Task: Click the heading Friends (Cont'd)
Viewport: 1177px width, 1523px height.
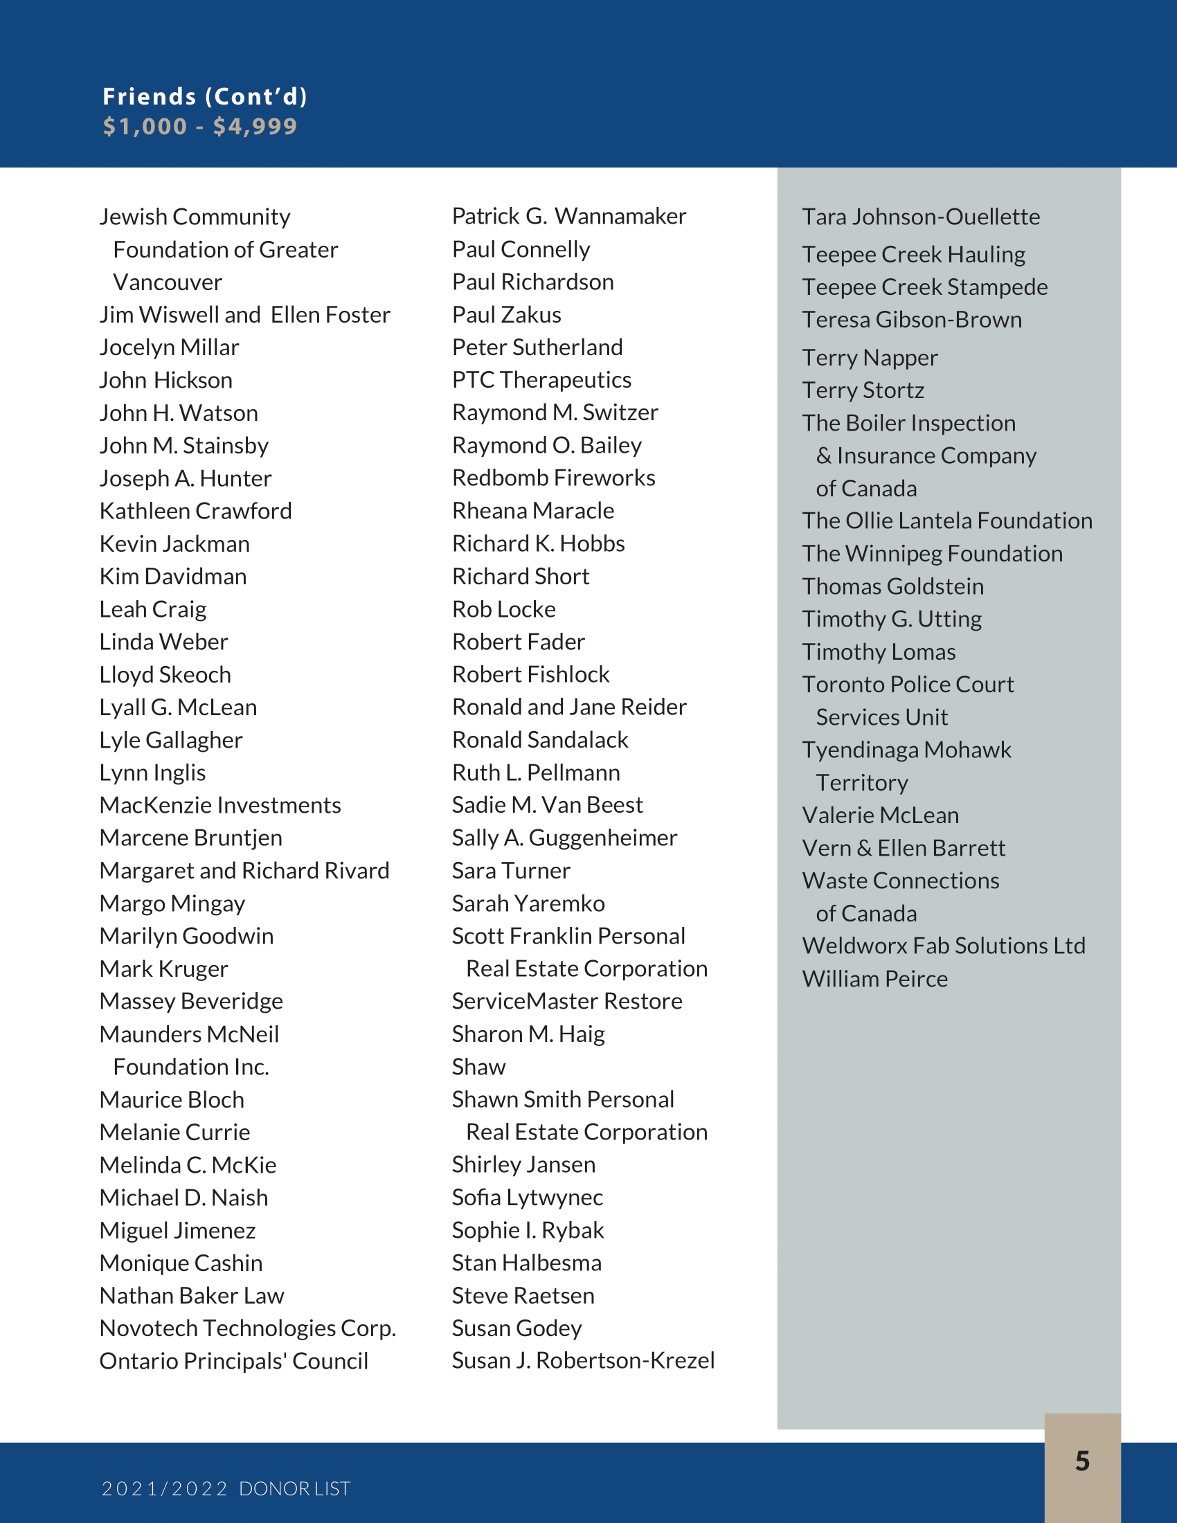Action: [205, 96]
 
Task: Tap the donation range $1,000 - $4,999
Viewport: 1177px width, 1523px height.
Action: [200, 126]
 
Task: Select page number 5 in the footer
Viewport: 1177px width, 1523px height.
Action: [1082, 1460]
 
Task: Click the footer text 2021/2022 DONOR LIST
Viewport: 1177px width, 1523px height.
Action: [226, 1488]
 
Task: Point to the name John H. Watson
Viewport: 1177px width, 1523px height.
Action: [179, 413]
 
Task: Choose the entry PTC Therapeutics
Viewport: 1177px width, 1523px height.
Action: [541, 380]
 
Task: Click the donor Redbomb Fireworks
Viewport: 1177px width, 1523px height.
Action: [554, 478]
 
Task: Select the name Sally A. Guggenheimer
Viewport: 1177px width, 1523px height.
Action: [564, 838]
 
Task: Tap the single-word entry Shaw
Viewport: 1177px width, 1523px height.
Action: [478, 1066]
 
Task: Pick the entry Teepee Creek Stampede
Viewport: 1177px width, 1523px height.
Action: [924, 287]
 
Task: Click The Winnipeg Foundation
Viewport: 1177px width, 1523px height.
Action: [933, 554]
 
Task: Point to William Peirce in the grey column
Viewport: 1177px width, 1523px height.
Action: [874, 979]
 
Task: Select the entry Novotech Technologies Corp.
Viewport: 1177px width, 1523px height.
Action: [248, 1328]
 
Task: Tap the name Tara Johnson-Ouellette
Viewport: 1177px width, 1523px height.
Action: [920, 217]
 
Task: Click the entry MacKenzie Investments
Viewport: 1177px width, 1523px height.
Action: [220, 805]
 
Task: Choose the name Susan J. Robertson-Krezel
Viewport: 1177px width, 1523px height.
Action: [583, 1360]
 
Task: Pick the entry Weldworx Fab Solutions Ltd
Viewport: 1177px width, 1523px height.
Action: [944, 946]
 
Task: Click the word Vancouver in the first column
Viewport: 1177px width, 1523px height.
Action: [168, 282]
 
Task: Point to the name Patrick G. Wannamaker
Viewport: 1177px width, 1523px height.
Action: [569, 216]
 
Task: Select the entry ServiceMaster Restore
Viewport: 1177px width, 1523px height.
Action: [567, 1001]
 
